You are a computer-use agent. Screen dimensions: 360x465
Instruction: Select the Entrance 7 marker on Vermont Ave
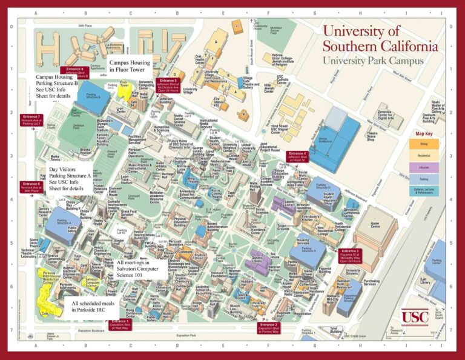click(x=31, y=118)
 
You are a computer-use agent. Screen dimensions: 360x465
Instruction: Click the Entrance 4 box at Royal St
click(x=297, y=156)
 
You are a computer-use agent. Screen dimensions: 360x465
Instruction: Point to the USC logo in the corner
click(x=414, y=316)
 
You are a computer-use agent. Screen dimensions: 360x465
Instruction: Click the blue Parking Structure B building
click(x=91, y=96)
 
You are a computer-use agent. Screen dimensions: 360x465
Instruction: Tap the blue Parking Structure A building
click(x=61, y=220)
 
